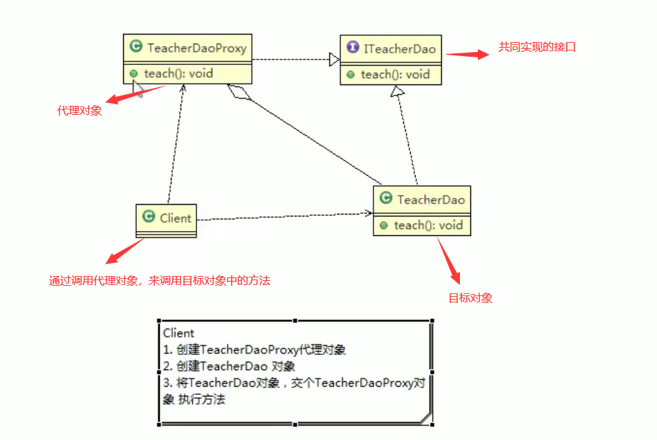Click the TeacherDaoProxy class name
196,48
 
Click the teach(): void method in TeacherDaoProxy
178,73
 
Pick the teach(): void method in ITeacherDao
395,74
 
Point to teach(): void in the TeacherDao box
428,225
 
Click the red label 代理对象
79,110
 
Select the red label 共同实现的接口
537,47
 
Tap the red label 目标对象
470,298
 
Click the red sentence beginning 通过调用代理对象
159,280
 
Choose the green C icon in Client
148,217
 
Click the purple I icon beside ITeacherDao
352,48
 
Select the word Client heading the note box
178,333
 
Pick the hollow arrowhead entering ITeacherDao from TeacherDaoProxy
335,60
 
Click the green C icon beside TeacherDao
385,199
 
